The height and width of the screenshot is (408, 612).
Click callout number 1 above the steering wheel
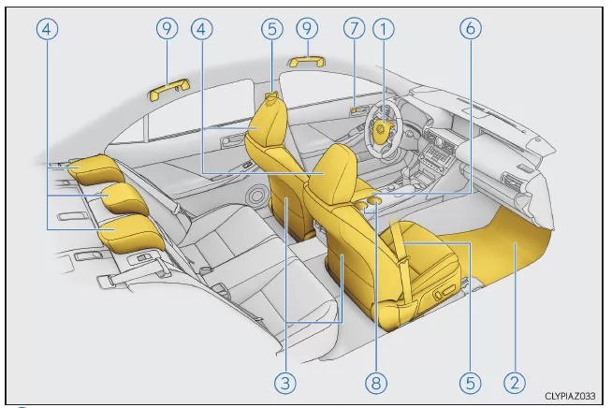[x=384, y=29]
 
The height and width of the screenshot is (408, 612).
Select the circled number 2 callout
[x=515, y=383]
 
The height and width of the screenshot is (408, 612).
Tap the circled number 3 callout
[x=285, y=383]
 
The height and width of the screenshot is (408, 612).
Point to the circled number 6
[x=471, y=28]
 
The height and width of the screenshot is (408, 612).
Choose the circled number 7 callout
[x=354, y=28]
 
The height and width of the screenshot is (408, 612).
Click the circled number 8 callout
[x=376, y=383]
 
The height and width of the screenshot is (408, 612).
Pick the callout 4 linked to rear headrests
[x=47, y=29]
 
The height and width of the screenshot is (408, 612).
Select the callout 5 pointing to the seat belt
[x=471, y=383]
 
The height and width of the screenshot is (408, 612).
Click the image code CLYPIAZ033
[x=570, y=396]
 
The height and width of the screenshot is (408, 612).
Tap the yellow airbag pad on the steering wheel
[x=384, y=127]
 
